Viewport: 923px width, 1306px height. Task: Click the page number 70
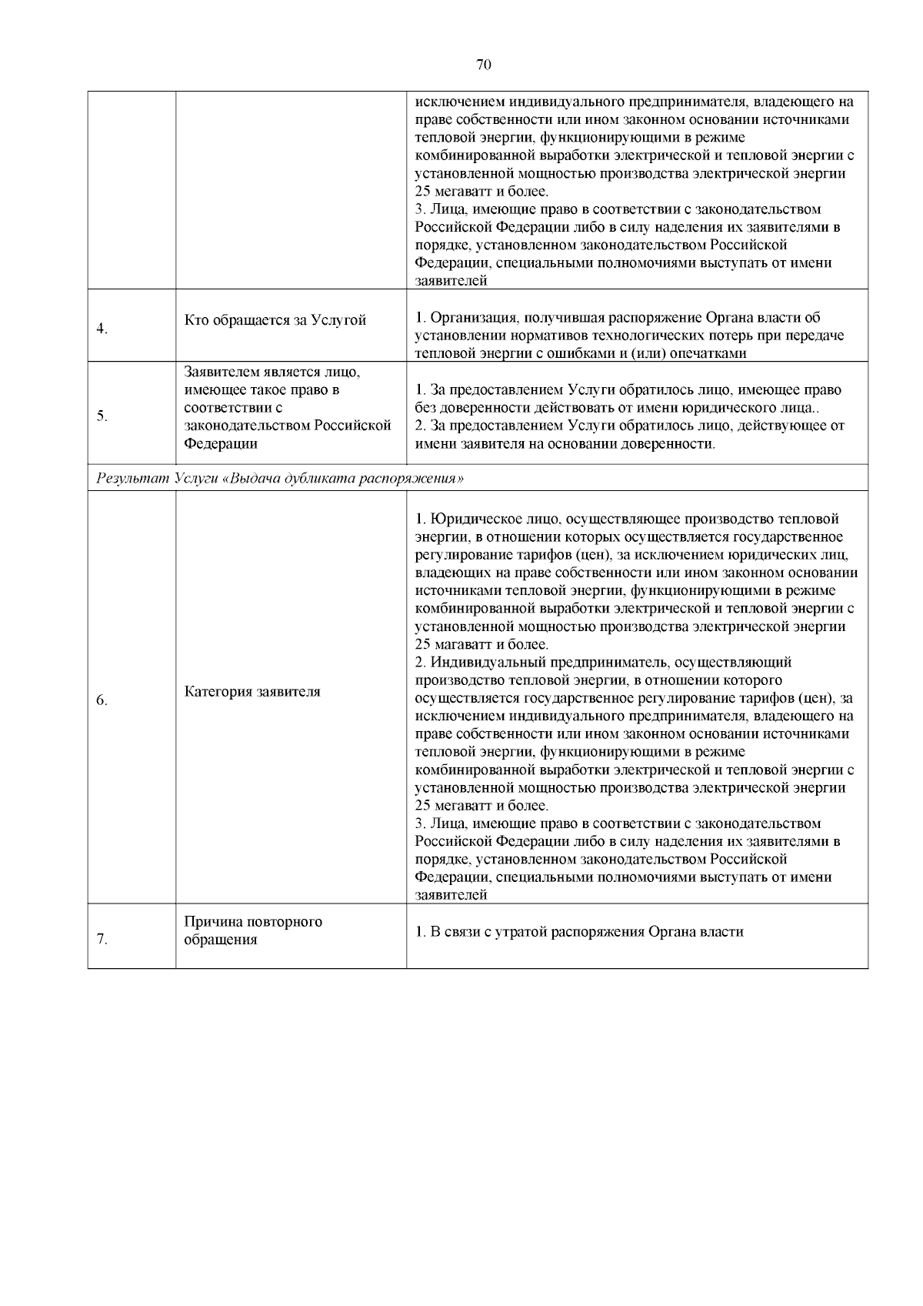(484, 65)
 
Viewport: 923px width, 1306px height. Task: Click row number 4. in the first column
(102, 329)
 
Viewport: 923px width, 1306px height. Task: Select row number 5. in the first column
(102, 416)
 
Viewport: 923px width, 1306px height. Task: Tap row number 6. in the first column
(102, 700)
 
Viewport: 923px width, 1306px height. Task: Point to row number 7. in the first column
(102, 940)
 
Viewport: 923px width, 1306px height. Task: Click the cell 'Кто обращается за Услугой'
(275, 320)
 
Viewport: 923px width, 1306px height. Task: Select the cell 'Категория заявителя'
(252, 691)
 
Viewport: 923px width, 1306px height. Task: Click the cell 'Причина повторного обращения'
(253, 930)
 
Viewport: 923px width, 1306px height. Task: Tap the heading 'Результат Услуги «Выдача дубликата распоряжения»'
(280, 479)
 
